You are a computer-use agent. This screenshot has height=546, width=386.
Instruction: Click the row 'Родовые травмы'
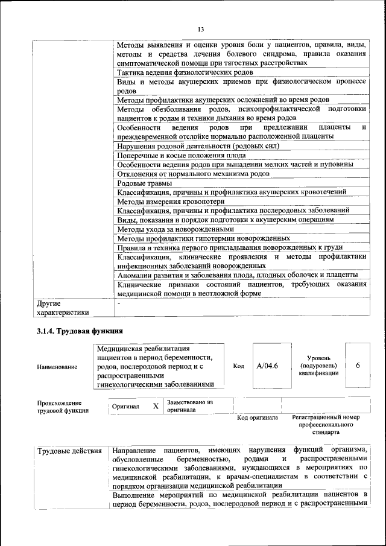[145, 183]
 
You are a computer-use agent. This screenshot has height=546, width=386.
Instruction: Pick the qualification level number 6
[358, 366]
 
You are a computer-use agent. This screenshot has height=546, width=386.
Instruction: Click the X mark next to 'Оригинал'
[156, 407]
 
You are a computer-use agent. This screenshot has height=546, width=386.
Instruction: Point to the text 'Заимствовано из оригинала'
[190, 405]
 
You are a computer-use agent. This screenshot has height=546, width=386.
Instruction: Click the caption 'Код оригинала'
[258, 417]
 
